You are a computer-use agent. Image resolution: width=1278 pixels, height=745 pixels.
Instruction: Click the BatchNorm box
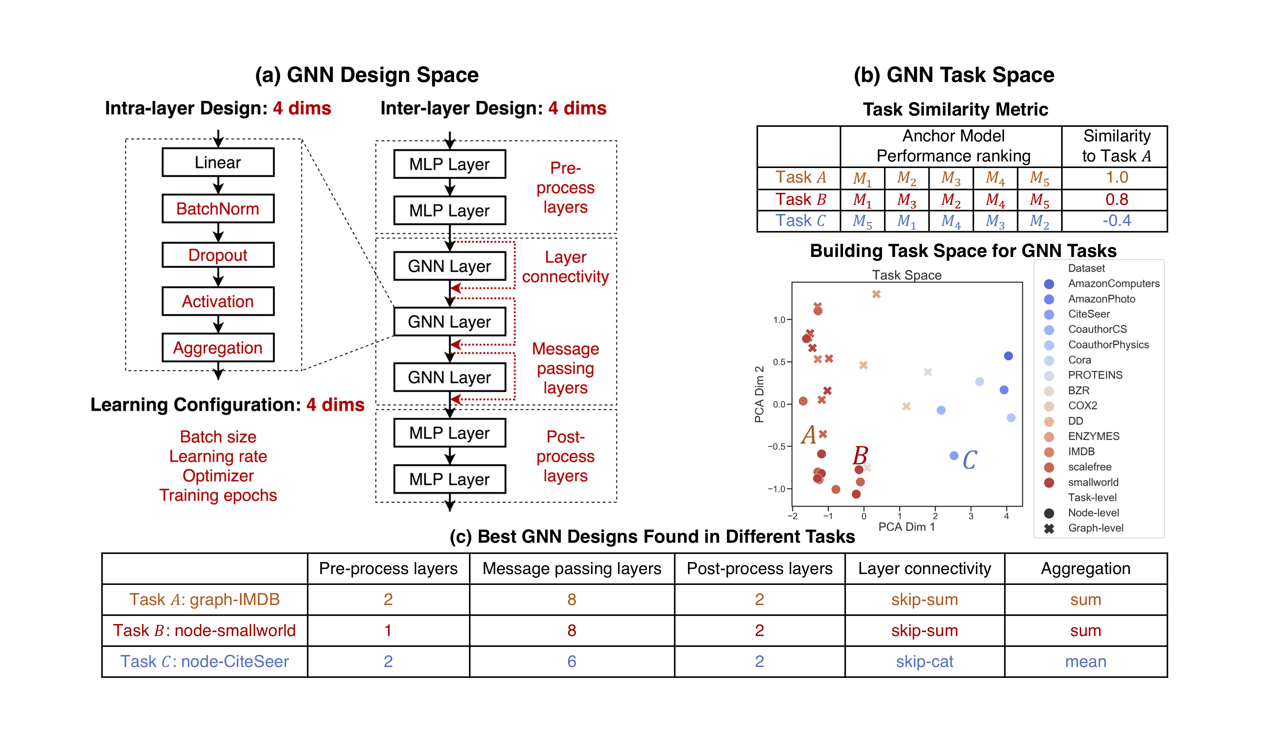coord(218,208)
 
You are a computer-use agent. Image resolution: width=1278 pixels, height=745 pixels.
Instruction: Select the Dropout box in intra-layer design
coord(218,255)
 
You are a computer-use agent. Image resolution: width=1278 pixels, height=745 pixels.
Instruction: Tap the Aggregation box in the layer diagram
coord(218,348)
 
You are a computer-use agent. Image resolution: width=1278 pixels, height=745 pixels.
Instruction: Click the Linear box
coord(218,162)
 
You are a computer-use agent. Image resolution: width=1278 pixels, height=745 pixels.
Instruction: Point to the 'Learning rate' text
coord(218,456)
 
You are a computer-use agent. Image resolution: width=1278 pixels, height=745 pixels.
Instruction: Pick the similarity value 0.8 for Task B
coord(1116,199)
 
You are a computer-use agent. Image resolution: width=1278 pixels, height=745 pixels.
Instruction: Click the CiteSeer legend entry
coord(1089,314)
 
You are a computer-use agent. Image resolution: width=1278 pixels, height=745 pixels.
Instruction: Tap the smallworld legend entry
coord(1093,482)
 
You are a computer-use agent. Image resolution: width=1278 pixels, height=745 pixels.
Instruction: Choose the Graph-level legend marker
coord(1049,528)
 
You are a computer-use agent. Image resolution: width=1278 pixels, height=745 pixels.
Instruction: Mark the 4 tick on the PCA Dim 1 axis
coord(1006,516)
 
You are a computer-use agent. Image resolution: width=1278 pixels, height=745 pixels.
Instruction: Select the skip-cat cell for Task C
coord(924,661)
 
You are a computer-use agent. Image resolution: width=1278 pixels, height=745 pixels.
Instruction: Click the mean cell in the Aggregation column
coord(1085,661)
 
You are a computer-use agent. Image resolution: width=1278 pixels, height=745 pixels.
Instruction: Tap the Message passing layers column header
coord(571,569)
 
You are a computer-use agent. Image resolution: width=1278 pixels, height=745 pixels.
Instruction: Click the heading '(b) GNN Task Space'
coord(953,75)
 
